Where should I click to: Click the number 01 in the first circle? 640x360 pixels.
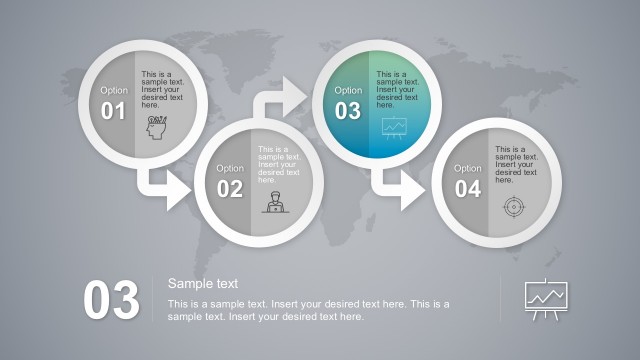coord(113,111)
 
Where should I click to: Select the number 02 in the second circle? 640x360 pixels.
coord(230,189)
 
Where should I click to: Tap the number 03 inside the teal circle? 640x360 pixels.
coord(347,111)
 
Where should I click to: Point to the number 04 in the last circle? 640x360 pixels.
coord(467,189)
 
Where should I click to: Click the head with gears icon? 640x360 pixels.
coord(157,129)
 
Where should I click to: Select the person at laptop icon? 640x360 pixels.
coord(272,203)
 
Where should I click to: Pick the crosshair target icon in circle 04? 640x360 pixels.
coord(512,206)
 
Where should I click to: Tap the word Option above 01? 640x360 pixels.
coord(114,90)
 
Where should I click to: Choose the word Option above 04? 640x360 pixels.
coord(468,168)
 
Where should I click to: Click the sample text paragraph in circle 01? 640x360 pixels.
coord(162,89)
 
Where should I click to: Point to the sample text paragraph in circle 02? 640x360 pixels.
coord(279,165)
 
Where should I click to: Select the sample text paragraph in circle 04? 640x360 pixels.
coord(516,165)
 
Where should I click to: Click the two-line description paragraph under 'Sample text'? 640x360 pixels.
coord(308,310)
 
